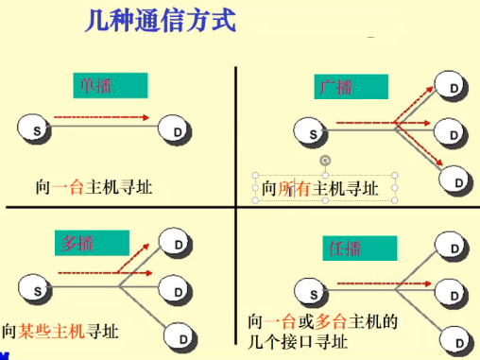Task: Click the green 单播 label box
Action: click(111, 86)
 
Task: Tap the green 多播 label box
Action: click(90, 243)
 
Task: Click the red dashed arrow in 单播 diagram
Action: click(102, 118)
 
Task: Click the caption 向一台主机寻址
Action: click(93, 186)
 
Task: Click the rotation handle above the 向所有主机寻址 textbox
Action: click(326, 161)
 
